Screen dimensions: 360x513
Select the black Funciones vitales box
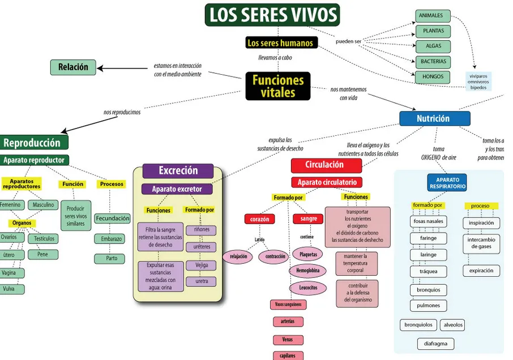tap(278, 86)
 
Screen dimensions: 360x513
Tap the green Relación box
tap(73, 67)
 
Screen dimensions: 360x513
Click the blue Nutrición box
tap(434, 118)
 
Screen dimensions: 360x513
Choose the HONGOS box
tap(433, 77)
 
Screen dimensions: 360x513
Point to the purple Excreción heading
tap(178, 170)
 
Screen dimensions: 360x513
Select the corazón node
tap(259, 218)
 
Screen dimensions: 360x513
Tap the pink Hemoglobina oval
tap(309, 271)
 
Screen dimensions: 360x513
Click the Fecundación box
tap(112, 218)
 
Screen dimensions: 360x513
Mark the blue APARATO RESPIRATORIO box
tap(447, 183)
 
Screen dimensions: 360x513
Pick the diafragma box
tap(435, 344)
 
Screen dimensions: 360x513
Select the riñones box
tap(202, 230)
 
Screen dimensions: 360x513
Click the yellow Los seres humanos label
tap(280, 43)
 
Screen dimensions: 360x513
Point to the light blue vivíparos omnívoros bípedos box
tap(478, 82)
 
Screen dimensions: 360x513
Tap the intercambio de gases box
tap(481, 243)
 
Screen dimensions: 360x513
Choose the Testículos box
tap(44, 238)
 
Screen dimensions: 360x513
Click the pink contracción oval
tap(275, 256)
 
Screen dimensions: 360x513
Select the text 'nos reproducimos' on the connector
tap(122, 112)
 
